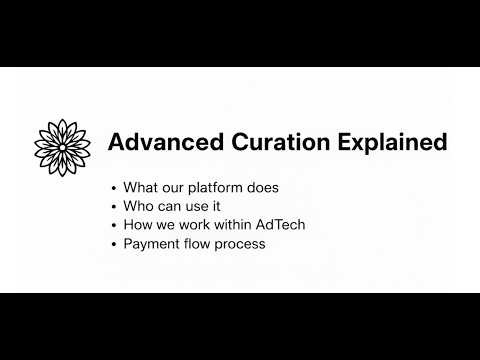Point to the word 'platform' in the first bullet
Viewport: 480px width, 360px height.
(214, 188)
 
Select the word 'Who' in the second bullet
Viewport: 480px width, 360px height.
(138, 206)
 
